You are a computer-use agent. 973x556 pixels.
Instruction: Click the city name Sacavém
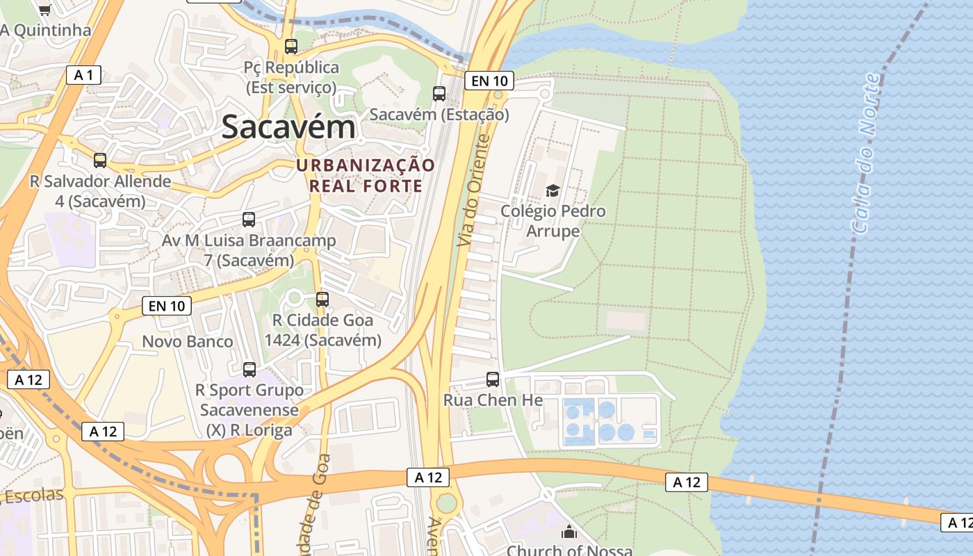coord(288,127)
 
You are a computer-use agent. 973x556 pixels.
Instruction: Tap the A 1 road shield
coord(84,75)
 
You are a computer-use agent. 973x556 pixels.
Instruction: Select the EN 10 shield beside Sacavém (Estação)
coord(489,81)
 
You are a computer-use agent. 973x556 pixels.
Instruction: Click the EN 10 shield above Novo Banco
coord(167,305)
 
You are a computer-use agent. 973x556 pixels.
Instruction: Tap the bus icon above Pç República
coord(291,47)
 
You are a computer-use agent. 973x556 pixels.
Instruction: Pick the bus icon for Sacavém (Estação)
coord(439,93)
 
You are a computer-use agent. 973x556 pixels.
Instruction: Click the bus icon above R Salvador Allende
coord(100,161)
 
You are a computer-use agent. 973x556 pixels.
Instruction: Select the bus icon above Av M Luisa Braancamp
coord(249,220)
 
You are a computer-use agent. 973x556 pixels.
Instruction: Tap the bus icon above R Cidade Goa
coord(322,300)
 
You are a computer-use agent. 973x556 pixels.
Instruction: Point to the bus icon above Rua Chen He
coord(493,379)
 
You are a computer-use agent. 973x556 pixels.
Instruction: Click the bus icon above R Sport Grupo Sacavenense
coord(250,370)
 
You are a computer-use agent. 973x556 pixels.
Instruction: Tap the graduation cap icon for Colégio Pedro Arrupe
coord(553,190)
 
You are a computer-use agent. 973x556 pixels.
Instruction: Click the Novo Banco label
coord(188,341)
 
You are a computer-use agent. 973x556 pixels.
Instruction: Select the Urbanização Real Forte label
coord(366,175)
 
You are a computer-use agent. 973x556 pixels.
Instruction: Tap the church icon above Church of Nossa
coord(569,532)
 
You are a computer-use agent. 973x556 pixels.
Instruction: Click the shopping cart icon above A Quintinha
coord(45,10)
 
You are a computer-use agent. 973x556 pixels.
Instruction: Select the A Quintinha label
coord(46,30)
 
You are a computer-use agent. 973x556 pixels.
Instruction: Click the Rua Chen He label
coord(493,400)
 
